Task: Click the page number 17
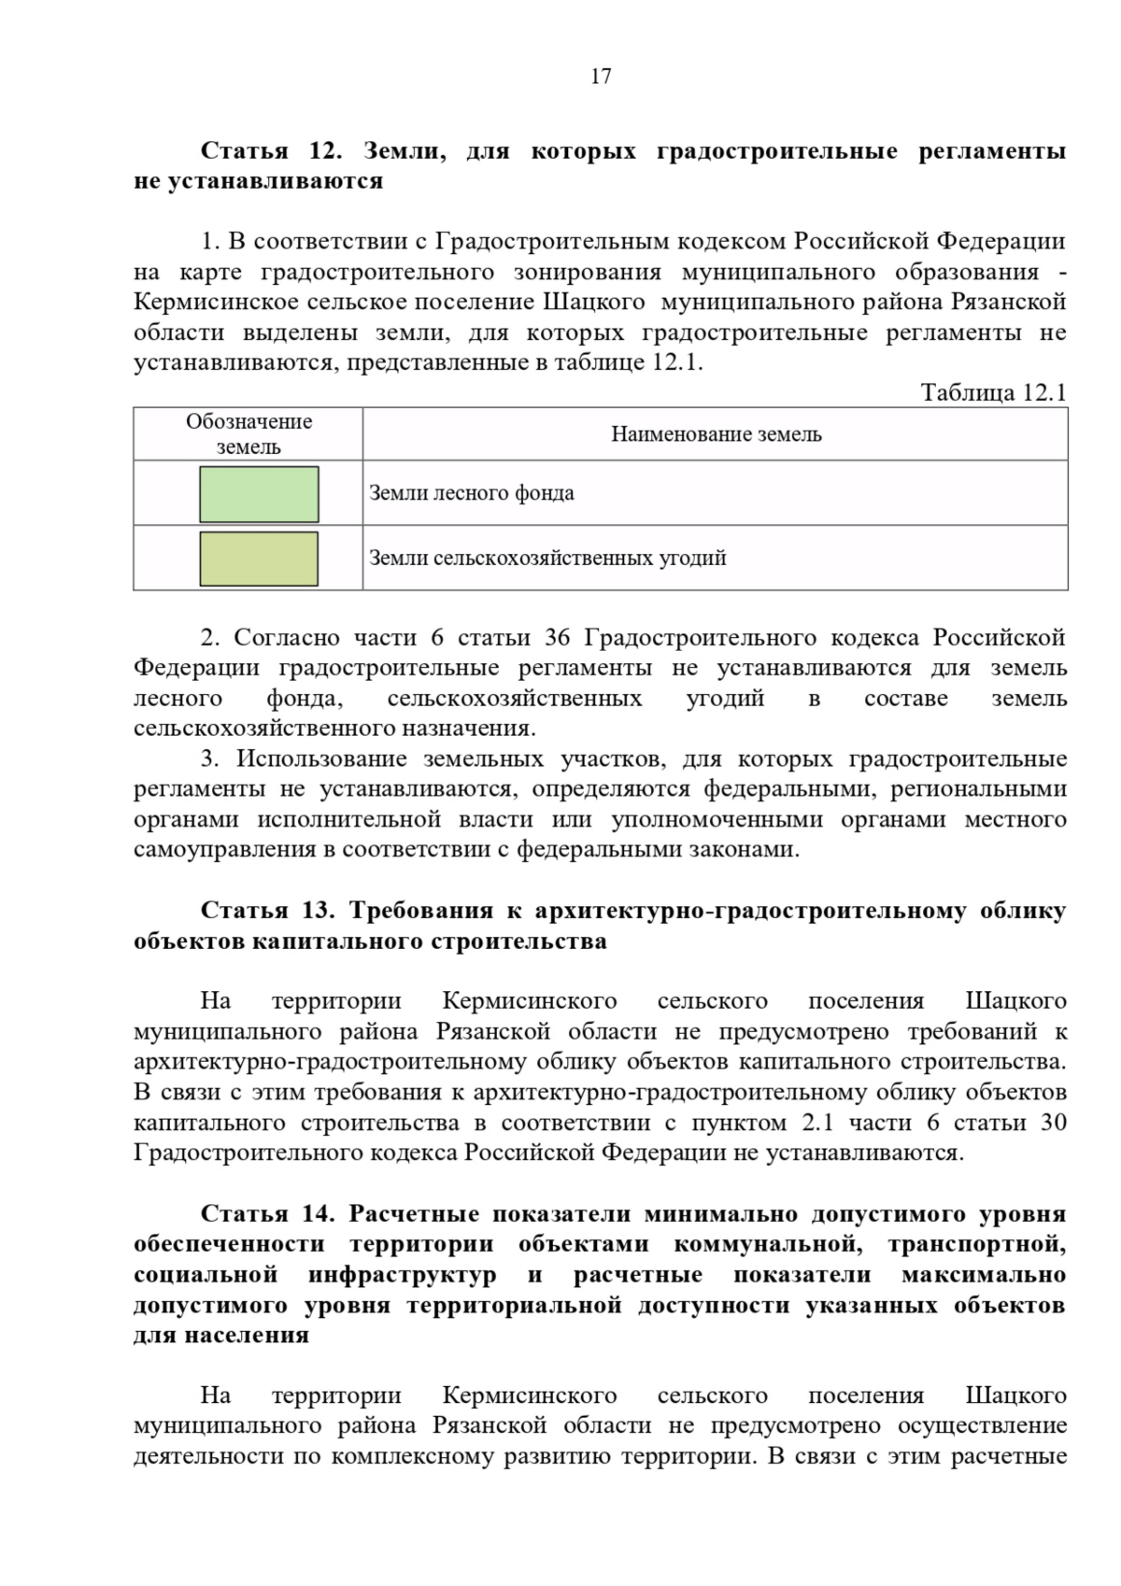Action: pos(601,77)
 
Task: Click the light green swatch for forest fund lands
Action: pos(259,494)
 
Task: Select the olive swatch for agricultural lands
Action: pos(259,559)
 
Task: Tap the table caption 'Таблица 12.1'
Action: pos(993,392)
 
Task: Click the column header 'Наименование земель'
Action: pos(716,434)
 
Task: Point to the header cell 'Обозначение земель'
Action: pos(248,434)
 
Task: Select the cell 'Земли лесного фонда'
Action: pos(472,493)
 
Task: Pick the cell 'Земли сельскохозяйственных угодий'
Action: pos(547,559)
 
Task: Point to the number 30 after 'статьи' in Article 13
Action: pos(1053,1123)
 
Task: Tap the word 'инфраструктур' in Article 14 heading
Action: pos(403,1274)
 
